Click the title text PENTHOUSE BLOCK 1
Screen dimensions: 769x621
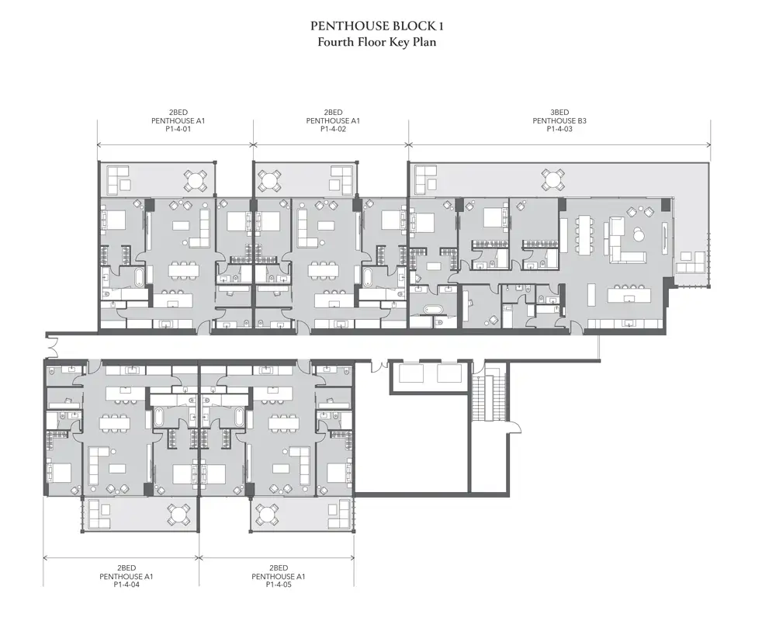click(376, 26)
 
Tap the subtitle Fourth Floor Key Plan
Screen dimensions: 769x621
click(376, 42)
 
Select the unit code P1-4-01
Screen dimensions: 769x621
click(178, 129)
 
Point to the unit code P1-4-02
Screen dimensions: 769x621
click(333, 129)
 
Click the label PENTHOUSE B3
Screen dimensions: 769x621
click(559, 120)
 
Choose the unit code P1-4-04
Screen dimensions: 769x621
click(126, 585)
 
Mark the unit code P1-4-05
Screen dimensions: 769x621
click(278, 585)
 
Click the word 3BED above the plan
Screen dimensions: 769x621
click(559, 113)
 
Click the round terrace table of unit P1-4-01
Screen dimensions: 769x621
click(196, 180)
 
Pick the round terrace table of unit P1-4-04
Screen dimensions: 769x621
click(179, 515)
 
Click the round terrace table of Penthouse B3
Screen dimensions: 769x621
click(553, 179)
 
